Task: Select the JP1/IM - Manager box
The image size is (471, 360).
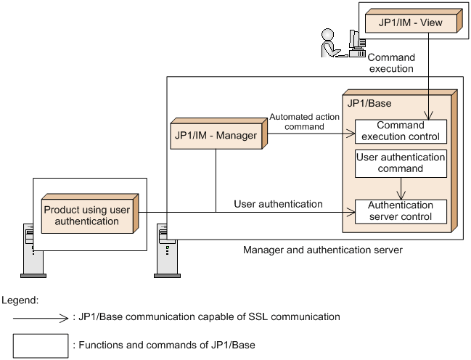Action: click(218, 134)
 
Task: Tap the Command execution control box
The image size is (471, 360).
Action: click(401, 131)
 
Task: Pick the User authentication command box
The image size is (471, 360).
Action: click(401, 163)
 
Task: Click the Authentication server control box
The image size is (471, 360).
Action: click(401, 211)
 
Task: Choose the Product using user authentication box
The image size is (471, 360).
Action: click(90, 213)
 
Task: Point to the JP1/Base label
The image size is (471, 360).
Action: click(369, 103)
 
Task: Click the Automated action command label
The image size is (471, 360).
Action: click(304, 122)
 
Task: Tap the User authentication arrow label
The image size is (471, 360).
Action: click(278, 204)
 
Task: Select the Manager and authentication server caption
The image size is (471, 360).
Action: click(323, 250)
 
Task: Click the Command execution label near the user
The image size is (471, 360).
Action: click(391, 63)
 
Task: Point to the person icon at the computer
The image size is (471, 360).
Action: click(329, 43)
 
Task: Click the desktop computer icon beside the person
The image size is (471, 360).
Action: click(356, 44)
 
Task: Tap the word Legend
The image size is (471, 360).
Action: click(20, 300)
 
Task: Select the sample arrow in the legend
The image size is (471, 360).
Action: click(41, 318)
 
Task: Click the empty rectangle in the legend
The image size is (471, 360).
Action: click(41, 345)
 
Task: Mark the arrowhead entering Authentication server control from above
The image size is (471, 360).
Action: click(401, 195)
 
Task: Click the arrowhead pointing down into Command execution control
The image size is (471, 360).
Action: click(429, 115)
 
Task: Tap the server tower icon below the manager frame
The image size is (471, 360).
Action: click(167, 250)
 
